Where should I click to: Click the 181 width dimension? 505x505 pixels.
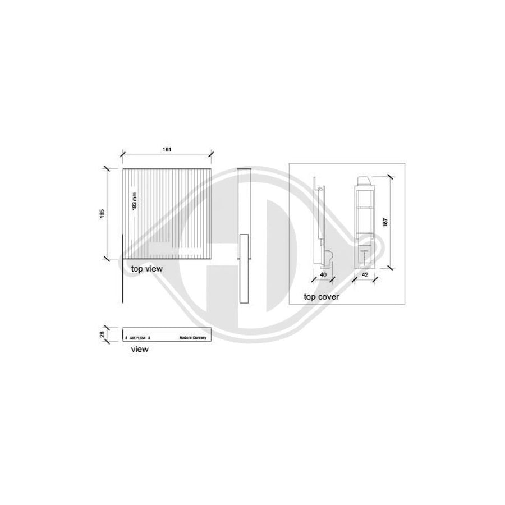click(x=167, y=149)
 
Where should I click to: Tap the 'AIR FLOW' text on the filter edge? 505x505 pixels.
click(x=137, y=338)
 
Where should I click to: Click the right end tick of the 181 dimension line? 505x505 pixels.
click(x=211, y=153)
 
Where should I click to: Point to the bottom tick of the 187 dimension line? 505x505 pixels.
click(x=389, y=269)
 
